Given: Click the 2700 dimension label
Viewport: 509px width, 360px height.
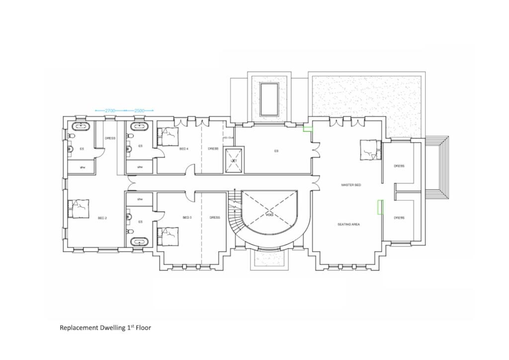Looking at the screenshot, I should point(110,110).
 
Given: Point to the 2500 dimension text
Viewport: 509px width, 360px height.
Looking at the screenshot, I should point(139,110).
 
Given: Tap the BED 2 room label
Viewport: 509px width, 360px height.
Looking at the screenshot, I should point(103,218).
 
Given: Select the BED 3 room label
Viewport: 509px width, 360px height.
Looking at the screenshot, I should point(187,217).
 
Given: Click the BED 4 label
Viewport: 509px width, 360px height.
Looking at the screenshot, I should point(184,148).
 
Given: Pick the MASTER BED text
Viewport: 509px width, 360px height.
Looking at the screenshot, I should point(351,185).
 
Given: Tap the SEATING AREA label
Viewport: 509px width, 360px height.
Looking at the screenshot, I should point(348,224).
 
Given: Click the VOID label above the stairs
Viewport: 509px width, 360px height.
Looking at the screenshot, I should point(269,215).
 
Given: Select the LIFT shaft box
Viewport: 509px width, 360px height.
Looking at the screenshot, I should point(234,160).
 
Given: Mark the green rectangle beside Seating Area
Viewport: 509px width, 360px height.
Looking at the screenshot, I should point(380,206).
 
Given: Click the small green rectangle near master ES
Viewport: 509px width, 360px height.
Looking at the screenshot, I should point(308,128).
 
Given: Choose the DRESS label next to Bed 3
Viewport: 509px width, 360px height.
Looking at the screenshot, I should point(215,217).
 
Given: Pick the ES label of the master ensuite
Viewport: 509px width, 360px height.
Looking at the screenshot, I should point(276,151).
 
